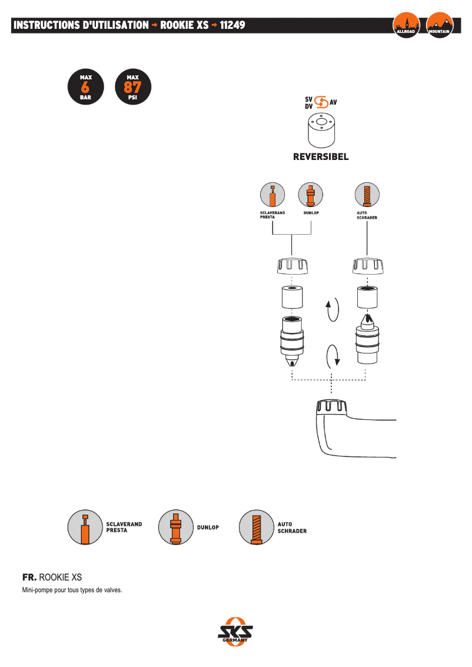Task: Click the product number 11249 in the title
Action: click(x=232, y=25)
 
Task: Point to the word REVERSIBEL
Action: click(x=321, y=157)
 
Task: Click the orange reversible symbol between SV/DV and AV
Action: click(x=321, y=102)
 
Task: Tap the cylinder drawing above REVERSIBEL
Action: click(x=321, y=131)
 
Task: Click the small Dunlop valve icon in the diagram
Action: click(x=311, y=195)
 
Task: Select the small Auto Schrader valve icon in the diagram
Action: click(x=367, y=195)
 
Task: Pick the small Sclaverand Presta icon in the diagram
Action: click(x=272, y=195)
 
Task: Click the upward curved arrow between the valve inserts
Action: click(x=333, y=309)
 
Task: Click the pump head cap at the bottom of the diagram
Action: click(x=333, y=407)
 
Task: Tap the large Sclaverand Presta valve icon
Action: click(x=85, y=527)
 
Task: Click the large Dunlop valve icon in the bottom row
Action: click(x=175, y=527)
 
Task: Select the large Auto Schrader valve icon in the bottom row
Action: click(x=256, y=527)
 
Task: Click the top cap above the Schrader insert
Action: click(x=368, y=266)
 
